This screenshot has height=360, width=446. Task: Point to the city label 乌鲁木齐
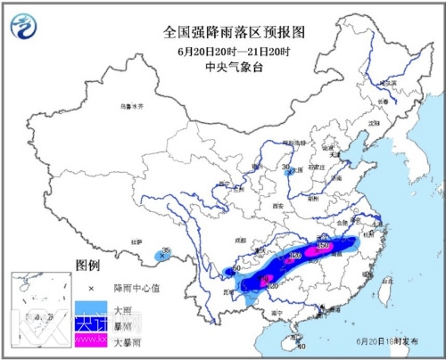point(132,106)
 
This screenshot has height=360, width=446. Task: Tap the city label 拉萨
point(136,241)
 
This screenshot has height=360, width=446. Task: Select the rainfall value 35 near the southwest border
point(166,250)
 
